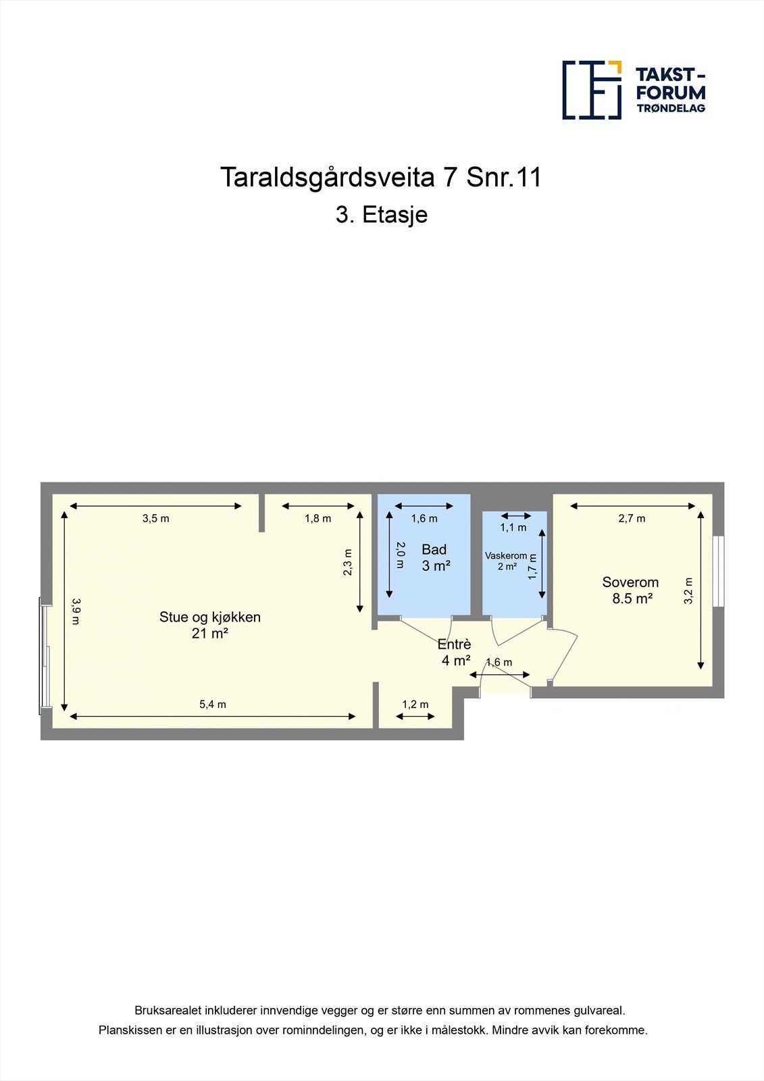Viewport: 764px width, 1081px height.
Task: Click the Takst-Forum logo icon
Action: coord(592,90)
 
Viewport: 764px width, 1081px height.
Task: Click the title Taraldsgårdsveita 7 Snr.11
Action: coord(381,178)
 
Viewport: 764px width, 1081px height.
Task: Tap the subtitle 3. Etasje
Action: coord(382,215)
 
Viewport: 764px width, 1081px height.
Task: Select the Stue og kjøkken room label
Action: coord(209,624)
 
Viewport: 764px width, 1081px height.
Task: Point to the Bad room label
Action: coord(435,557)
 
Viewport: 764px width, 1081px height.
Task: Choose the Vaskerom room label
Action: coord(506,561)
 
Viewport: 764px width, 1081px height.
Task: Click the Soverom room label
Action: coord(631,590)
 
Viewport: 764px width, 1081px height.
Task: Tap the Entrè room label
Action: coord(455,652)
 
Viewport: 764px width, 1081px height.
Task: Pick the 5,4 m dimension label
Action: coord(212,705)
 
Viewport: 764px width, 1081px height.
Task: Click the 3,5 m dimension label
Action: coord(155,519)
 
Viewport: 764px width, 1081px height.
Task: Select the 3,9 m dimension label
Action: coord(76,611)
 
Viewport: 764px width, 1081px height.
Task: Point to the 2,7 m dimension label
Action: coord(632,519)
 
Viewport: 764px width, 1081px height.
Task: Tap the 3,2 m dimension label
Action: coord(688,590)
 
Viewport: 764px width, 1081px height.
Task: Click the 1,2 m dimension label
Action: coord(415,705)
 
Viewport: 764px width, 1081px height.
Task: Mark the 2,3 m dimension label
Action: coord(347,563)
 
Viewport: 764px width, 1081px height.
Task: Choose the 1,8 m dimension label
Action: coord(317,519)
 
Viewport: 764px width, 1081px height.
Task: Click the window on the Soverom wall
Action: coord(719,571)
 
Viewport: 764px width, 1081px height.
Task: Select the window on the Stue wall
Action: coord(45,655)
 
